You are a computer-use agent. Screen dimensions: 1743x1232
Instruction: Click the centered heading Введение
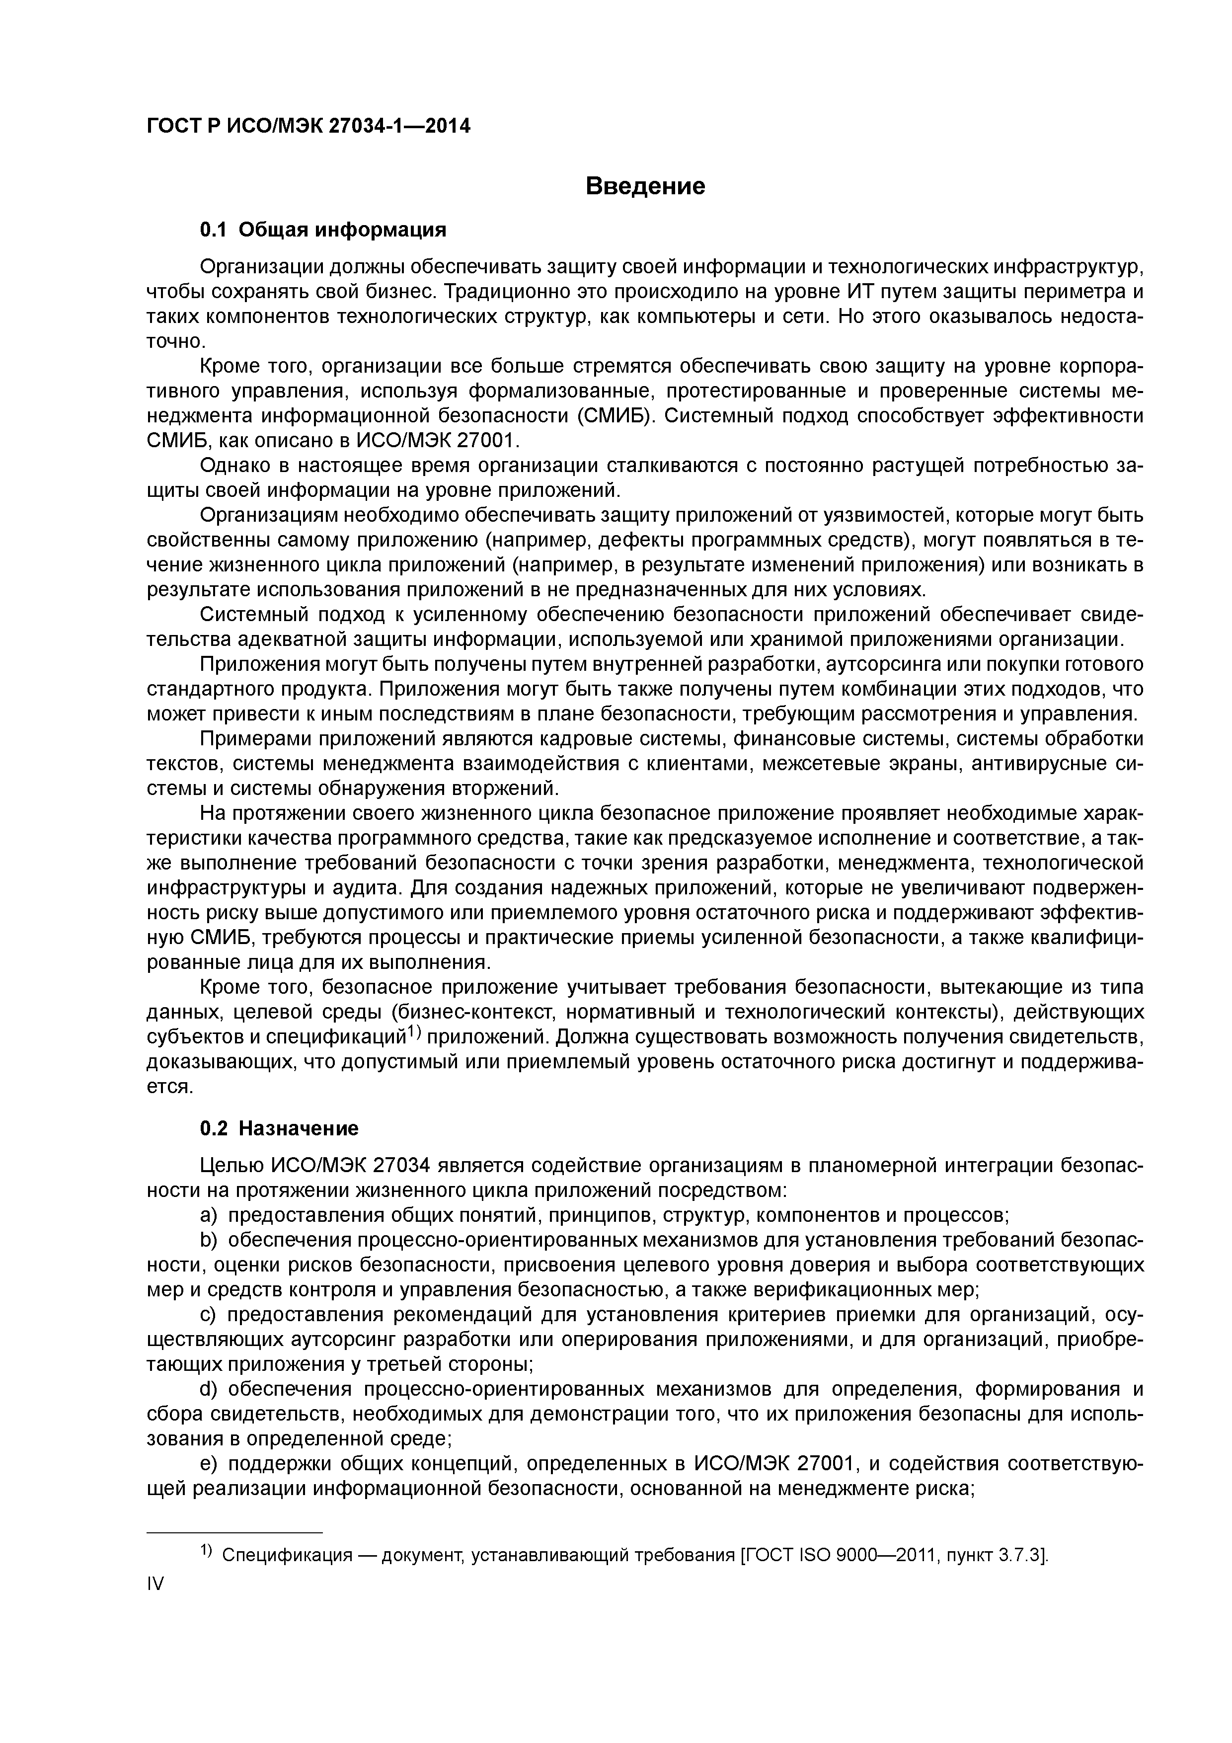(645, 186)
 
